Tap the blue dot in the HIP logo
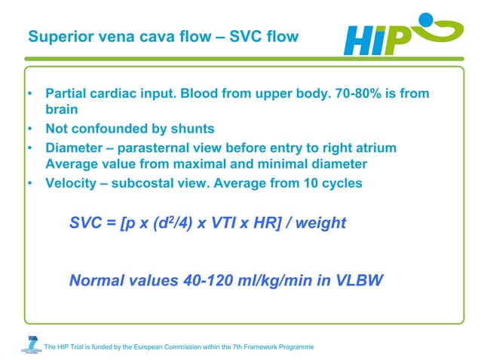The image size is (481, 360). point(427,20)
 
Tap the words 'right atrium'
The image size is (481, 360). point(358,147)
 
